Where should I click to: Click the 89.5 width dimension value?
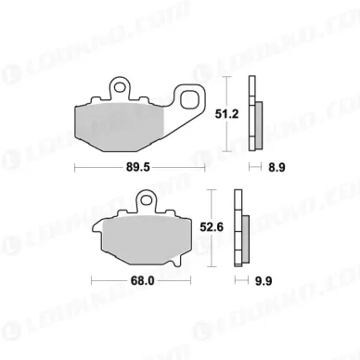(x=142, y=169)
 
